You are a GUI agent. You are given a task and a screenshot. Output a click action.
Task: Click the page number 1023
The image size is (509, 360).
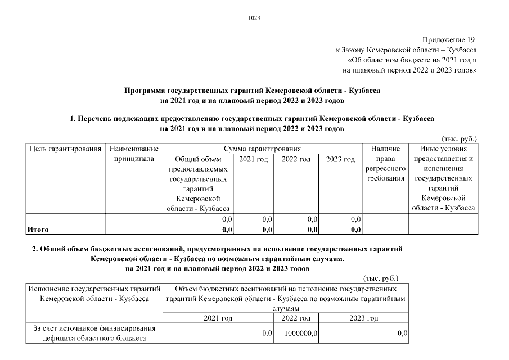[x=254, y=18]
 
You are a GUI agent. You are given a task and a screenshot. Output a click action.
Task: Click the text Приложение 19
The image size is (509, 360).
[x=449, y=39]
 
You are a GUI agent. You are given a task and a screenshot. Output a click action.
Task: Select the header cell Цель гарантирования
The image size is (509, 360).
[x=65, y=149]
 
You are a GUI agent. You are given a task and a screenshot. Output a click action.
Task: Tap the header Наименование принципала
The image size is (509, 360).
[x=134, y=154]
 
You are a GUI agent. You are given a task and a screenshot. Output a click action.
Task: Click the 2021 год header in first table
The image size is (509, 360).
[x=253, y=160]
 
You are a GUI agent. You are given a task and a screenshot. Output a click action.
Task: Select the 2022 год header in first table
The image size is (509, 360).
[x=296, y=160]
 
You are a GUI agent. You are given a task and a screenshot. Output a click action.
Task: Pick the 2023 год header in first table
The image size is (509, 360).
[x=341, y=160]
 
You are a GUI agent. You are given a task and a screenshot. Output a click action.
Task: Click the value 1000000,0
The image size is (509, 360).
[x=301, y=334]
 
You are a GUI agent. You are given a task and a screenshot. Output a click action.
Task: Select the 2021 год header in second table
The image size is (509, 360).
[x=218, y=318]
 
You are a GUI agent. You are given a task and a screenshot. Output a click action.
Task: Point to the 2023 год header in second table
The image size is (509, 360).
[x=363, y=318]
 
